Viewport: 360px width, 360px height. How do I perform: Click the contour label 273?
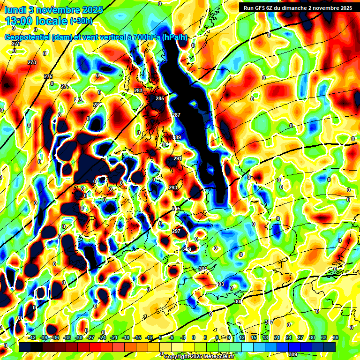(x=32, y=62)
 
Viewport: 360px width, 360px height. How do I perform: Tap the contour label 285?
(x=160, y=98)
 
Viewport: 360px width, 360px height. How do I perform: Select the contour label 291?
(x=178, y=159)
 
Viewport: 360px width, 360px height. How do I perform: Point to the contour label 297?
(x=176, y=231)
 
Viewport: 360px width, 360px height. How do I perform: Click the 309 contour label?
(x=293, y=354)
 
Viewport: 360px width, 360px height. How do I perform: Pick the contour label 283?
(x=138, y=90)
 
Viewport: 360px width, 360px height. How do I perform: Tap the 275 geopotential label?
(x=48, y=76)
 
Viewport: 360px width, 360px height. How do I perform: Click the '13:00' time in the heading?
(x=20, y=21)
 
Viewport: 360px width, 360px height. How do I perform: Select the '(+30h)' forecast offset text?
(x=81, y=21)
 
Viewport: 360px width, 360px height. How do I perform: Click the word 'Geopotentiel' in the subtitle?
(x=28, y=37)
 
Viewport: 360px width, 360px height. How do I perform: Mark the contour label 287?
(x=176, y=115)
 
